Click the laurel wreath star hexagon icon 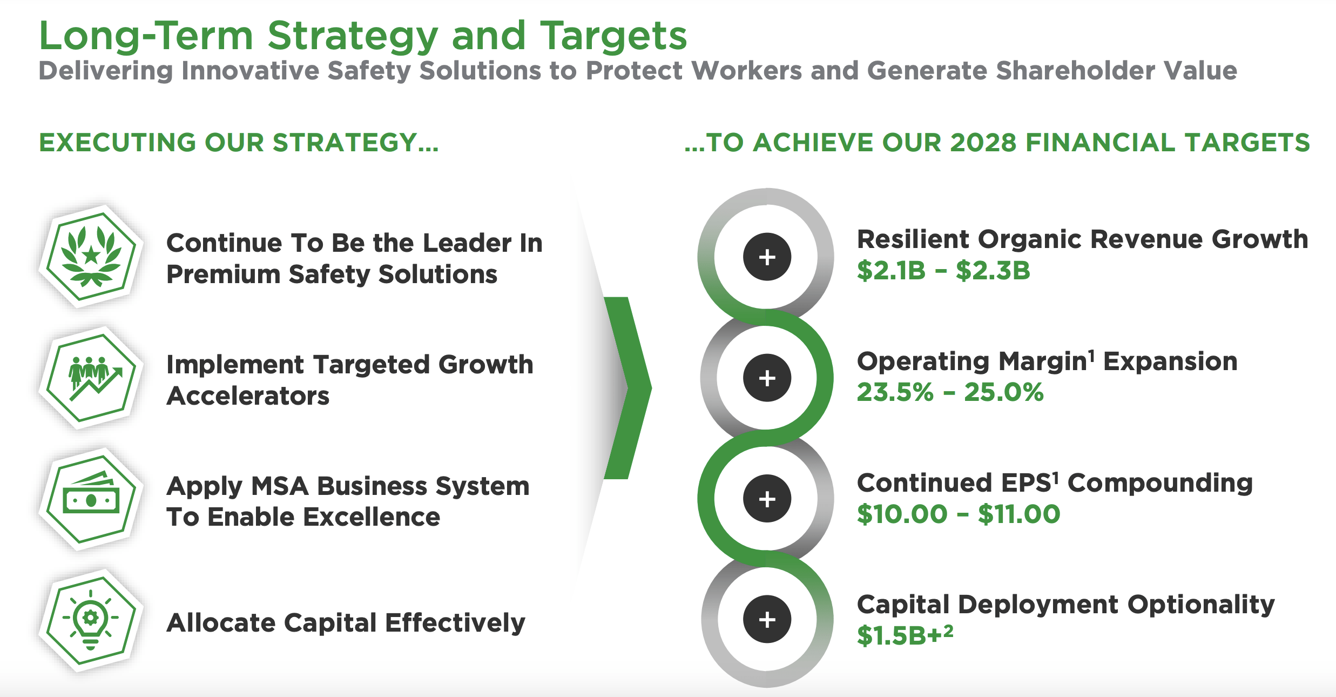tap(91, 256)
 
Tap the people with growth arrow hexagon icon tap(91, 378)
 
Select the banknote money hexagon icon tap(91, 499)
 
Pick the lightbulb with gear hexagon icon tap(91, 621)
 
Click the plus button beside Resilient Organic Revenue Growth tap(767, 257)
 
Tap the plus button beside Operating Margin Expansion tap(767, 378)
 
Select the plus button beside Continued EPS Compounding tap(767, 499)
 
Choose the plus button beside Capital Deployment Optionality tap(767, 619)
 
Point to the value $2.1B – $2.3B tap(943, 271)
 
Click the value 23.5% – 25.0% tap(950, 392)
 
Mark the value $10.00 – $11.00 tap(959, 514)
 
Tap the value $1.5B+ tap(905, 635)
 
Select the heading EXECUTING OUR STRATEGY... tap(239, 143)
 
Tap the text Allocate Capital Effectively tap(346, 622)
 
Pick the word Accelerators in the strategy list tap(248, 396)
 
